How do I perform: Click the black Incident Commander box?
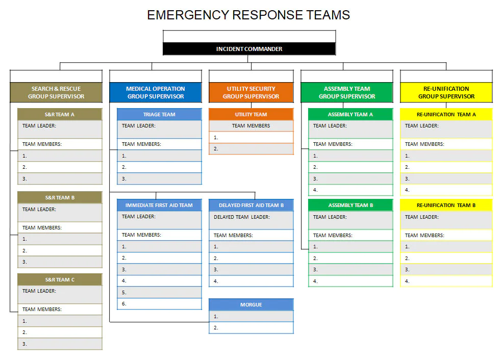click(x=249, y=49)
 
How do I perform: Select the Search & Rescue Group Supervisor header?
click(x=56, y=92)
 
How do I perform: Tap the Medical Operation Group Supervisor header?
click(x=156, y=92)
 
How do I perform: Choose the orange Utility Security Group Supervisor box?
click(x=251, y=92)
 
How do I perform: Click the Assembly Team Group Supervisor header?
click(x=347, y=92)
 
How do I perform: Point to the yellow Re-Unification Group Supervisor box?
click(x=446, y=92)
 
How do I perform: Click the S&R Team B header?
click(x=60, y=197)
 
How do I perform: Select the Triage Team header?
click(x=160, y=114)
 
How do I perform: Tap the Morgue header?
click(x=251, y=304)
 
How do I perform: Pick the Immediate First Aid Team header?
click(x=160, y=205)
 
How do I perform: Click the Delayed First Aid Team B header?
click(x=251, y=205)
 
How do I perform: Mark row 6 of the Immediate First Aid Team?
click(x=160, y=303)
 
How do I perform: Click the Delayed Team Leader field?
click(x=251, y=220)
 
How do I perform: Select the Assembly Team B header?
click(x=350, y=205)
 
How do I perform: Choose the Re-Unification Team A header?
click(x=446, y=114)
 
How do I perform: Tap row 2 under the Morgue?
click(x=251, y=328)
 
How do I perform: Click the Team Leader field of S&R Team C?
click(x=60, y=294)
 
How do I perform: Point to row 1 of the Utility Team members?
click(x=251, y=137)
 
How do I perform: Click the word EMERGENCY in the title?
click(x=188, y=15)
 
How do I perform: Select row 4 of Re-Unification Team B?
click(x=446, y=281)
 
